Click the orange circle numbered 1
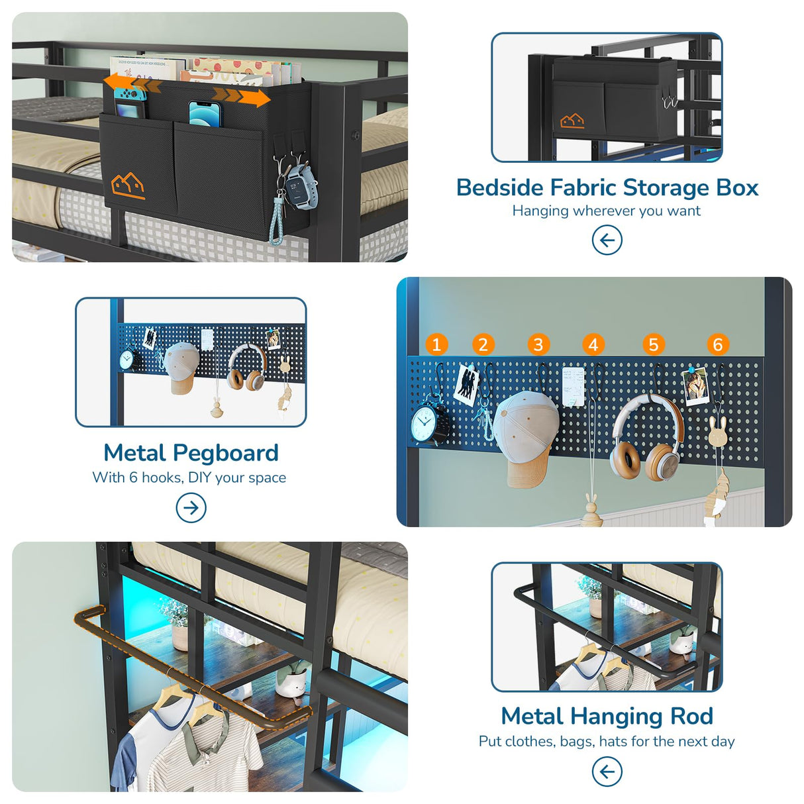pos(436,344)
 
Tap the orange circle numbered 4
pos(593,344)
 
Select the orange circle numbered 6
pos(717,344)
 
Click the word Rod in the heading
pos(691,716)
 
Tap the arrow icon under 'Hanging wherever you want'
pos(607,240)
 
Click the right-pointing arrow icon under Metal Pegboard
pos(191,508)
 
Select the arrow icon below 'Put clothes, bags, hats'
pos(607,772)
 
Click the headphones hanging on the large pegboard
pos(646,440)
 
